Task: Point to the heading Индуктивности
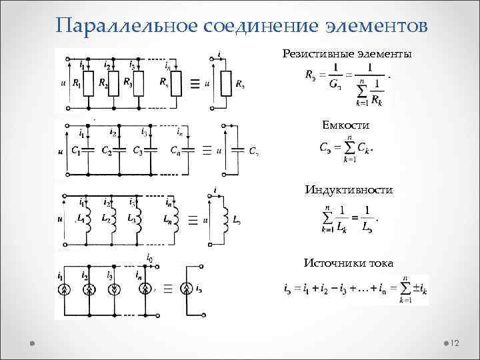pyautogui.click(x=349, y=191)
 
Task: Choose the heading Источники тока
pyautogui.click(x=348, y=263)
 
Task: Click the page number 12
pyautogui.click(x=456, y=343)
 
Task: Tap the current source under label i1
pyautogui.click(x=65, y=289)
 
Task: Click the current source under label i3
pyautogui.click(x=115, y=289)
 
